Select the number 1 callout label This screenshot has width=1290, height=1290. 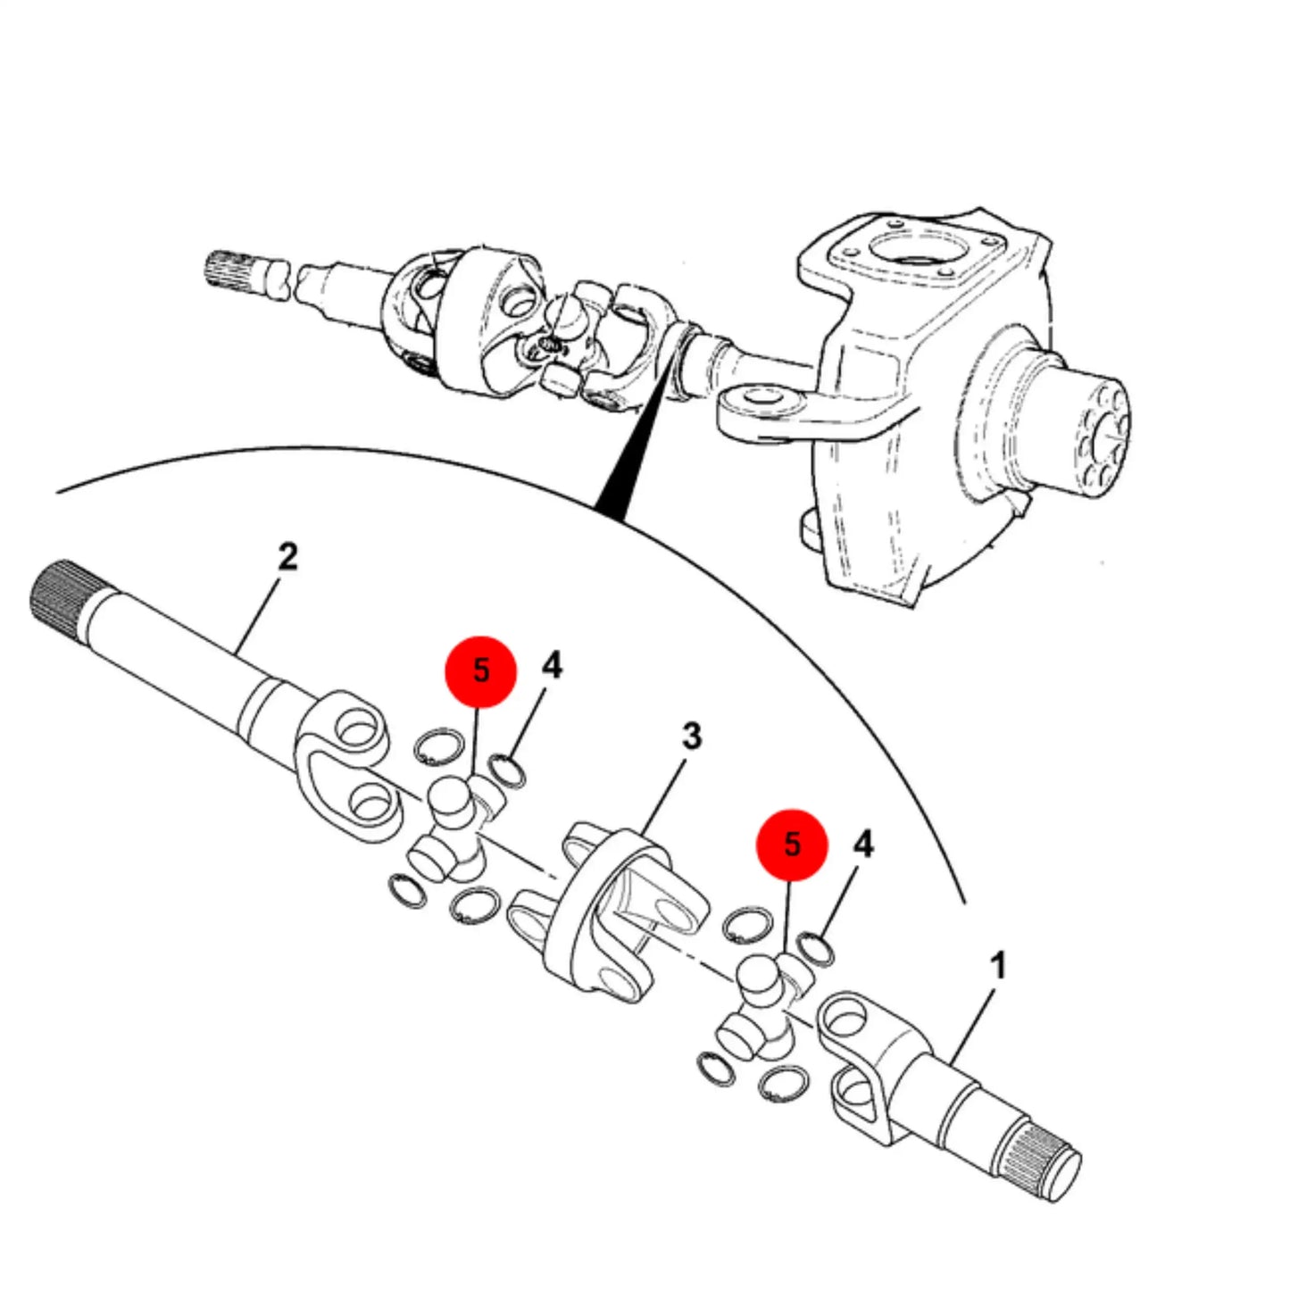[997, 966]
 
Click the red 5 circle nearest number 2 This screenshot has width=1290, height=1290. [481, 671]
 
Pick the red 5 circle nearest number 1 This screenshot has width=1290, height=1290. [792, 845]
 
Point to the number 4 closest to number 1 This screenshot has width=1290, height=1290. [863, 846]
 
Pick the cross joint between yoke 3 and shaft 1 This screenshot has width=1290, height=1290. [764, 1004]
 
